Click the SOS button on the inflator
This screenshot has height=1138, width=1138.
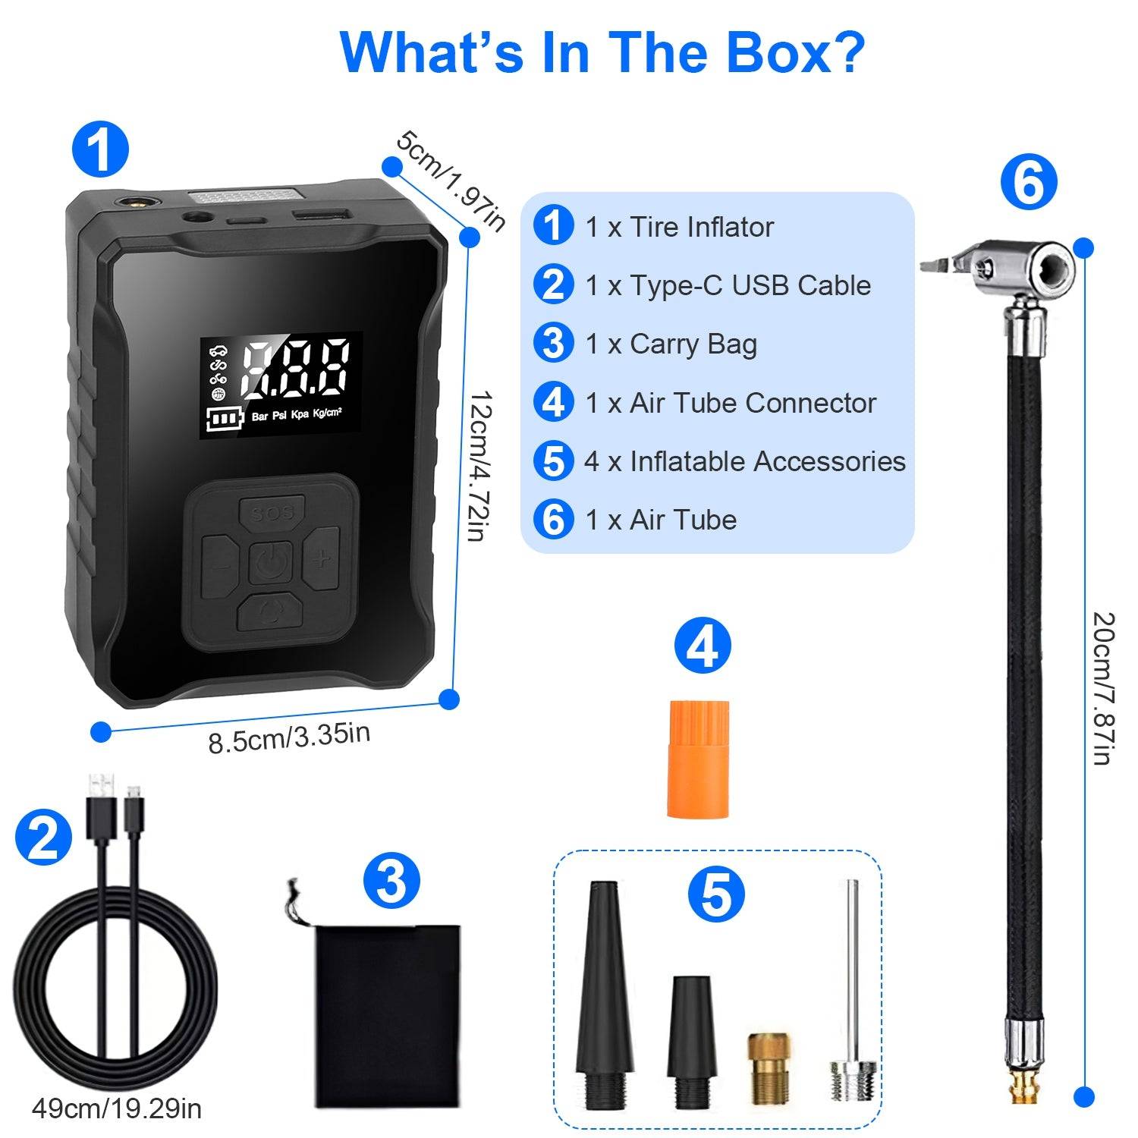[272, 513]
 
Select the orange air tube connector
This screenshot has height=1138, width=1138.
[698, 759]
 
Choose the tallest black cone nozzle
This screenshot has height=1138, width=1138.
[604, 1001]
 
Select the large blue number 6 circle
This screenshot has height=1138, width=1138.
[1028, 182]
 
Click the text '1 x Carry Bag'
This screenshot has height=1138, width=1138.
[671, 344]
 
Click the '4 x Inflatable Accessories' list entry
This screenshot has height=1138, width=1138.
[744, 461]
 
